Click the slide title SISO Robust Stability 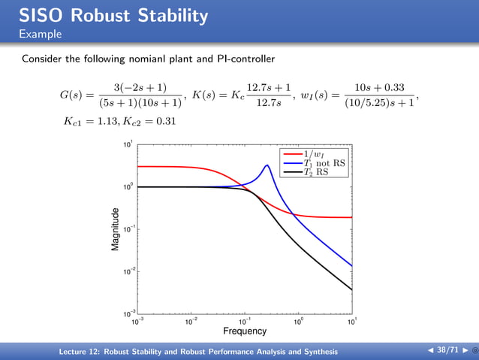point(113,14)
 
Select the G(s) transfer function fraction point(139,95)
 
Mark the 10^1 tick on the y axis point(129,145)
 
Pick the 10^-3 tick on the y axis point(129,313)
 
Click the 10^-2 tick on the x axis point(191,322)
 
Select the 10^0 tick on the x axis point(298,322)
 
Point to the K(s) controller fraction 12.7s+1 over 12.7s point(269,95)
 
